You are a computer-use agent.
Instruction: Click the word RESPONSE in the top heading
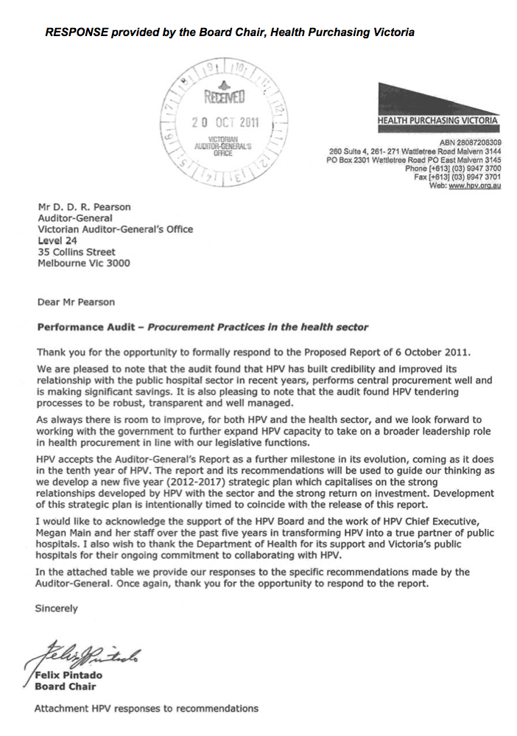[x=74, y=32]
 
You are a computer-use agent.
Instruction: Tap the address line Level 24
[x=57, y=240]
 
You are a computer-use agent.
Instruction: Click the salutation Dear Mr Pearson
[x=76, y=301]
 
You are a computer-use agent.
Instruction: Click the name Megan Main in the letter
[x=64, y=533]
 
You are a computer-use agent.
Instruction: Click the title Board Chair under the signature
[x=65, y=687]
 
